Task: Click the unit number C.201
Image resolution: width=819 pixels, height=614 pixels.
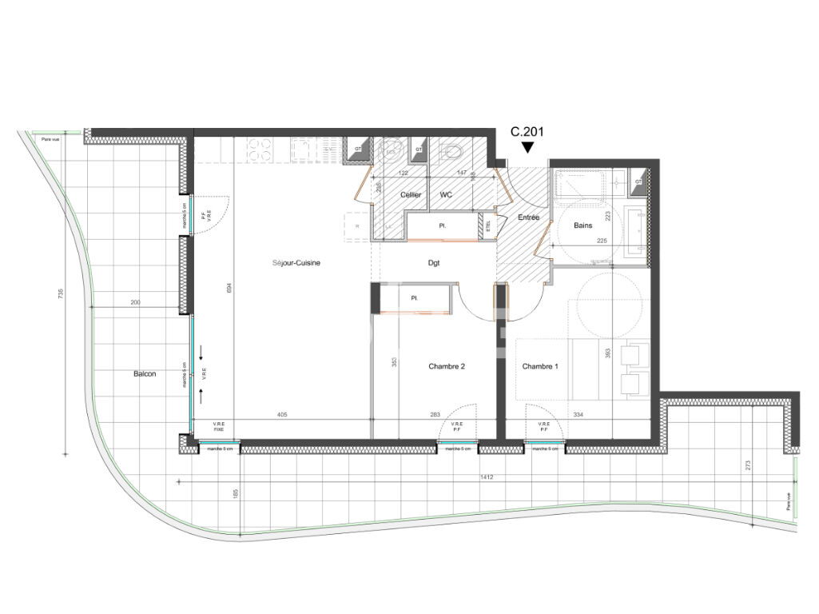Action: [x=527, y=132]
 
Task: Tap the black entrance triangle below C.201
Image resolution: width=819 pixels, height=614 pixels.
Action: [x=527, y=147]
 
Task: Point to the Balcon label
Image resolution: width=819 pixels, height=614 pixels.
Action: [x=145, y=373]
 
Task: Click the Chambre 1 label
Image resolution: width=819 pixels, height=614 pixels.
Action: [x=541, y=366]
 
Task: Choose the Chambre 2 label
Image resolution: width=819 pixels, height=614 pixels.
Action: [x=447, y=366]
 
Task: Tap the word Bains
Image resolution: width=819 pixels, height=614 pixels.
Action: [x=583, y=225]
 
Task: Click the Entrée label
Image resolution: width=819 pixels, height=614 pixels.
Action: [x=529, y=217]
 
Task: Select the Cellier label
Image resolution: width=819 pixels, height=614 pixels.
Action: [x=411, y=195]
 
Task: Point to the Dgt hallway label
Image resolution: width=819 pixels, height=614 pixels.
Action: [x=433, y=262]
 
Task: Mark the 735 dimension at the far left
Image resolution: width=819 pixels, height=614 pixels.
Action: [x=61, y=294]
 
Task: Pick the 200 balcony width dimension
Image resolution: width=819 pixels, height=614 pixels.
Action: [x=134, y=303]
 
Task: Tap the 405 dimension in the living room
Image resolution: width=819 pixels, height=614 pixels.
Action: [x=281, y=415]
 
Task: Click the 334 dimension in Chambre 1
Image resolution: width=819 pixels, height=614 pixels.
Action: [x=578, y=415]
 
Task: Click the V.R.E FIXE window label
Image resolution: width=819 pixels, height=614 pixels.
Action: [x=217, y=426]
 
